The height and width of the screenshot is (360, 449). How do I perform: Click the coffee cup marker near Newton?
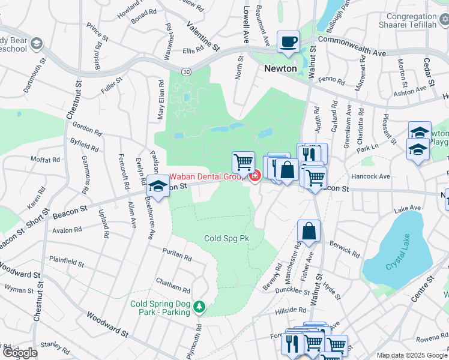click(x=288, y=42)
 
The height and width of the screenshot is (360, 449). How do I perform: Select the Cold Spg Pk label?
click(x=226, y=238)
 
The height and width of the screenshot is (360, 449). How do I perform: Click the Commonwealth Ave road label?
click(x=352, y=46)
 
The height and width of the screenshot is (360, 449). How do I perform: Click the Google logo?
click(x=20, y=353)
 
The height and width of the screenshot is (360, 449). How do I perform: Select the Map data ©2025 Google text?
click(x=412, y=355)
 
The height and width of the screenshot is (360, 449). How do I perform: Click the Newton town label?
click(x=281, y=68)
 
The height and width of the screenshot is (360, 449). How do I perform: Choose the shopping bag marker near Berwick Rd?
click(x=309, y=232)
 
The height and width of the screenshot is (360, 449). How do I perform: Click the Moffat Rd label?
click(x=48, y=160)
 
